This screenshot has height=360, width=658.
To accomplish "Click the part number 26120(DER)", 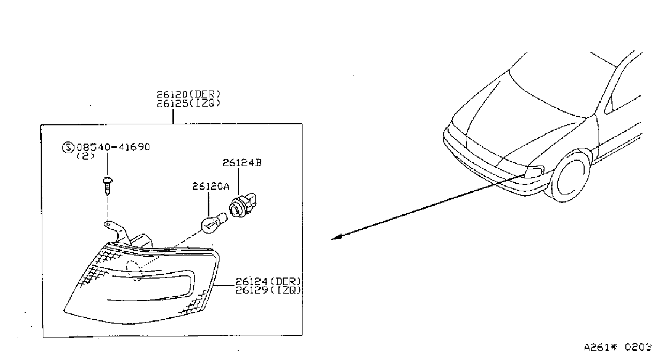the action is point(188,94).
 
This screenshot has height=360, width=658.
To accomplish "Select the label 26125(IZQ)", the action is point(188,103).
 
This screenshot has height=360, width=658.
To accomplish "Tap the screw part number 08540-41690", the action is point(114,147).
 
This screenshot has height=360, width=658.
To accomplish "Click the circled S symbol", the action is point(68,147).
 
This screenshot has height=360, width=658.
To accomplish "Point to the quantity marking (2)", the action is point(86,156).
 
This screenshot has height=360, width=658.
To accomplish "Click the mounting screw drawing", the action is point(108,186).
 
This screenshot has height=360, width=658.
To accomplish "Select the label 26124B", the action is point(242,162).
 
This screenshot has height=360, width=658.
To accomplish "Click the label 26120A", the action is point(210,186).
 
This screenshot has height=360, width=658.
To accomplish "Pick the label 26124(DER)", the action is point(268,281).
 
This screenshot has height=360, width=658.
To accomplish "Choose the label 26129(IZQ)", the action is point(268,290).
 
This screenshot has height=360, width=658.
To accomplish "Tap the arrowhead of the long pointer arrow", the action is point(336,237).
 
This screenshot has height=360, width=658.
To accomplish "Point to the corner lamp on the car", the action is point(535,170).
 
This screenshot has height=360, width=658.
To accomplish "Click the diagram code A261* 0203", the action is point(617,347).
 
